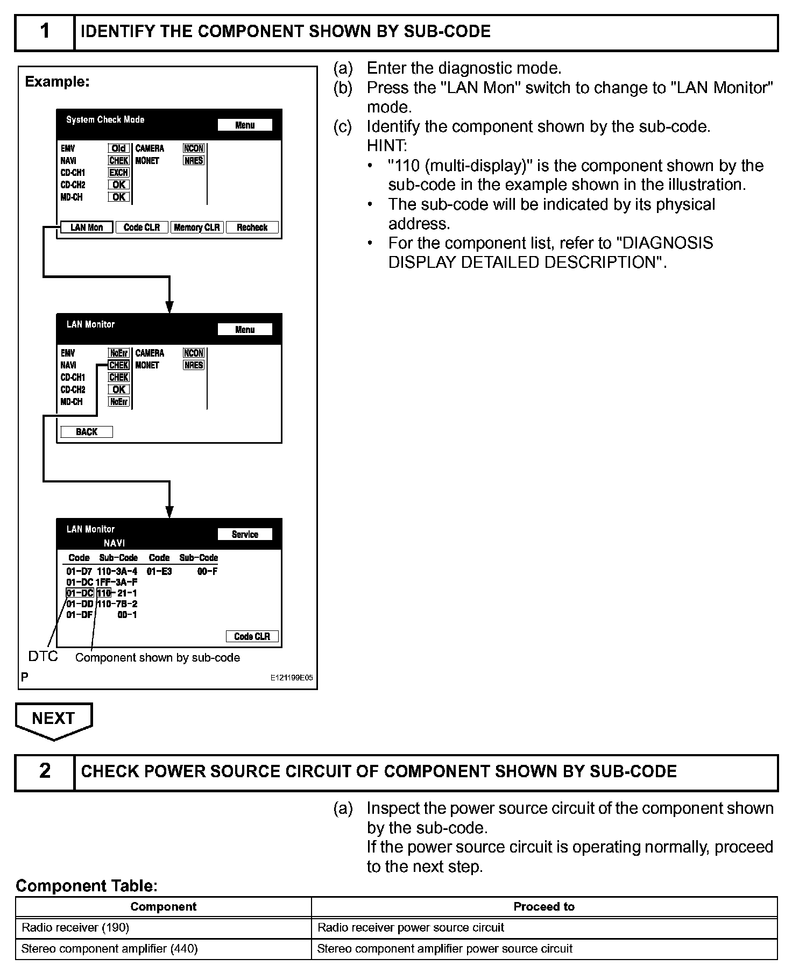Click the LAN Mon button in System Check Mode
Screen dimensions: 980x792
click(87, 228)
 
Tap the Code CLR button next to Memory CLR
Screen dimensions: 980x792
click(142, 228)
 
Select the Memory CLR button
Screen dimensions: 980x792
click(197, 228)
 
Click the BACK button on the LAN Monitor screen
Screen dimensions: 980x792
click(87, 432)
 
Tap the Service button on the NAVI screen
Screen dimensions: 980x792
click(245, 534)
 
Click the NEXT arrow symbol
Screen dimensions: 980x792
click(53, 720)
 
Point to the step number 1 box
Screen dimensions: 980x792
click(45, 32)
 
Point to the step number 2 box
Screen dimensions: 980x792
click(45, 772)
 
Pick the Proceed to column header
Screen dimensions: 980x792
click(544, 906)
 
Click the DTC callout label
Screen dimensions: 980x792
click(43, 656)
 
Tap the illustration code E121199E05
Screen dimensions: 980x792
click(291, 678)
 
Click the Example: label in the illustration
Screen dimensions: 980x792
click(58, 82)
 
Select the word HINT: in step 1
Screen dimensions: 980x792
click(387, 146)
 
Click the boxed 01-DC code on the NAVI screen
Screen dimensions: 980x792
click(80, 593)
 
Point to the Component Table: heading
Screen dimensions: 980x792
click(87, 885)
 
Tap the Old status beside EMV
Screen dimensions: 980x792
click(118, 148)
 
